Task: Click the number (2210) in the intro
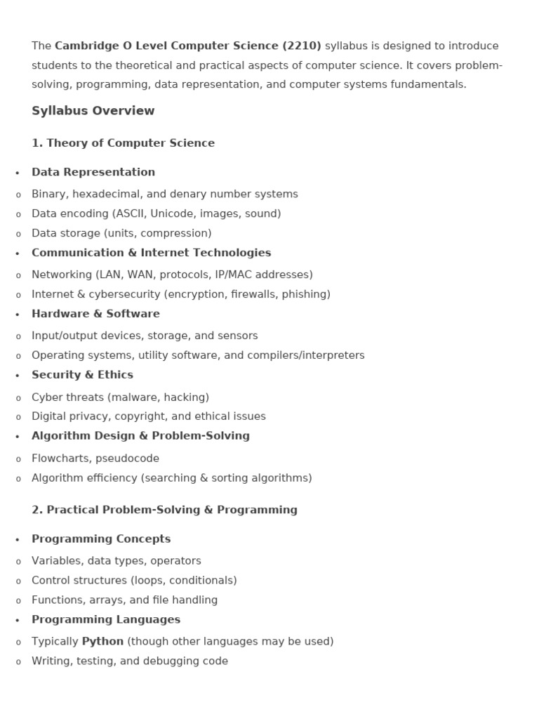[x=302, y=46]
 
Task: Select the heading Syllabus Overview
[x=93, y=111]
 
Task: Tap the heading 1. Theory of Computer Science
[x=124, y=143]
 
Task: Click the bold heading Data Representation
[x=93, y=172]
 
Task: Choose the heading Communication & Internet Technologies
[x=152, y=253]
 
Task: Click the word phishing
[x=304, y=294]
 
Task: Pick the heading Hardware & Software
[x=95, y=314]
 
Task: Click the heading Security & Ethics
[x=82, y=375]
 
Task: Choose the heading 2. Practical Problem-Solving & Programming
[x=164, y=510]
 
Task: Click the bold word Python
[x=102, y=641]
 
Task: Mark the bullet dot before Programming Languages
[x=18, y=621]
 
